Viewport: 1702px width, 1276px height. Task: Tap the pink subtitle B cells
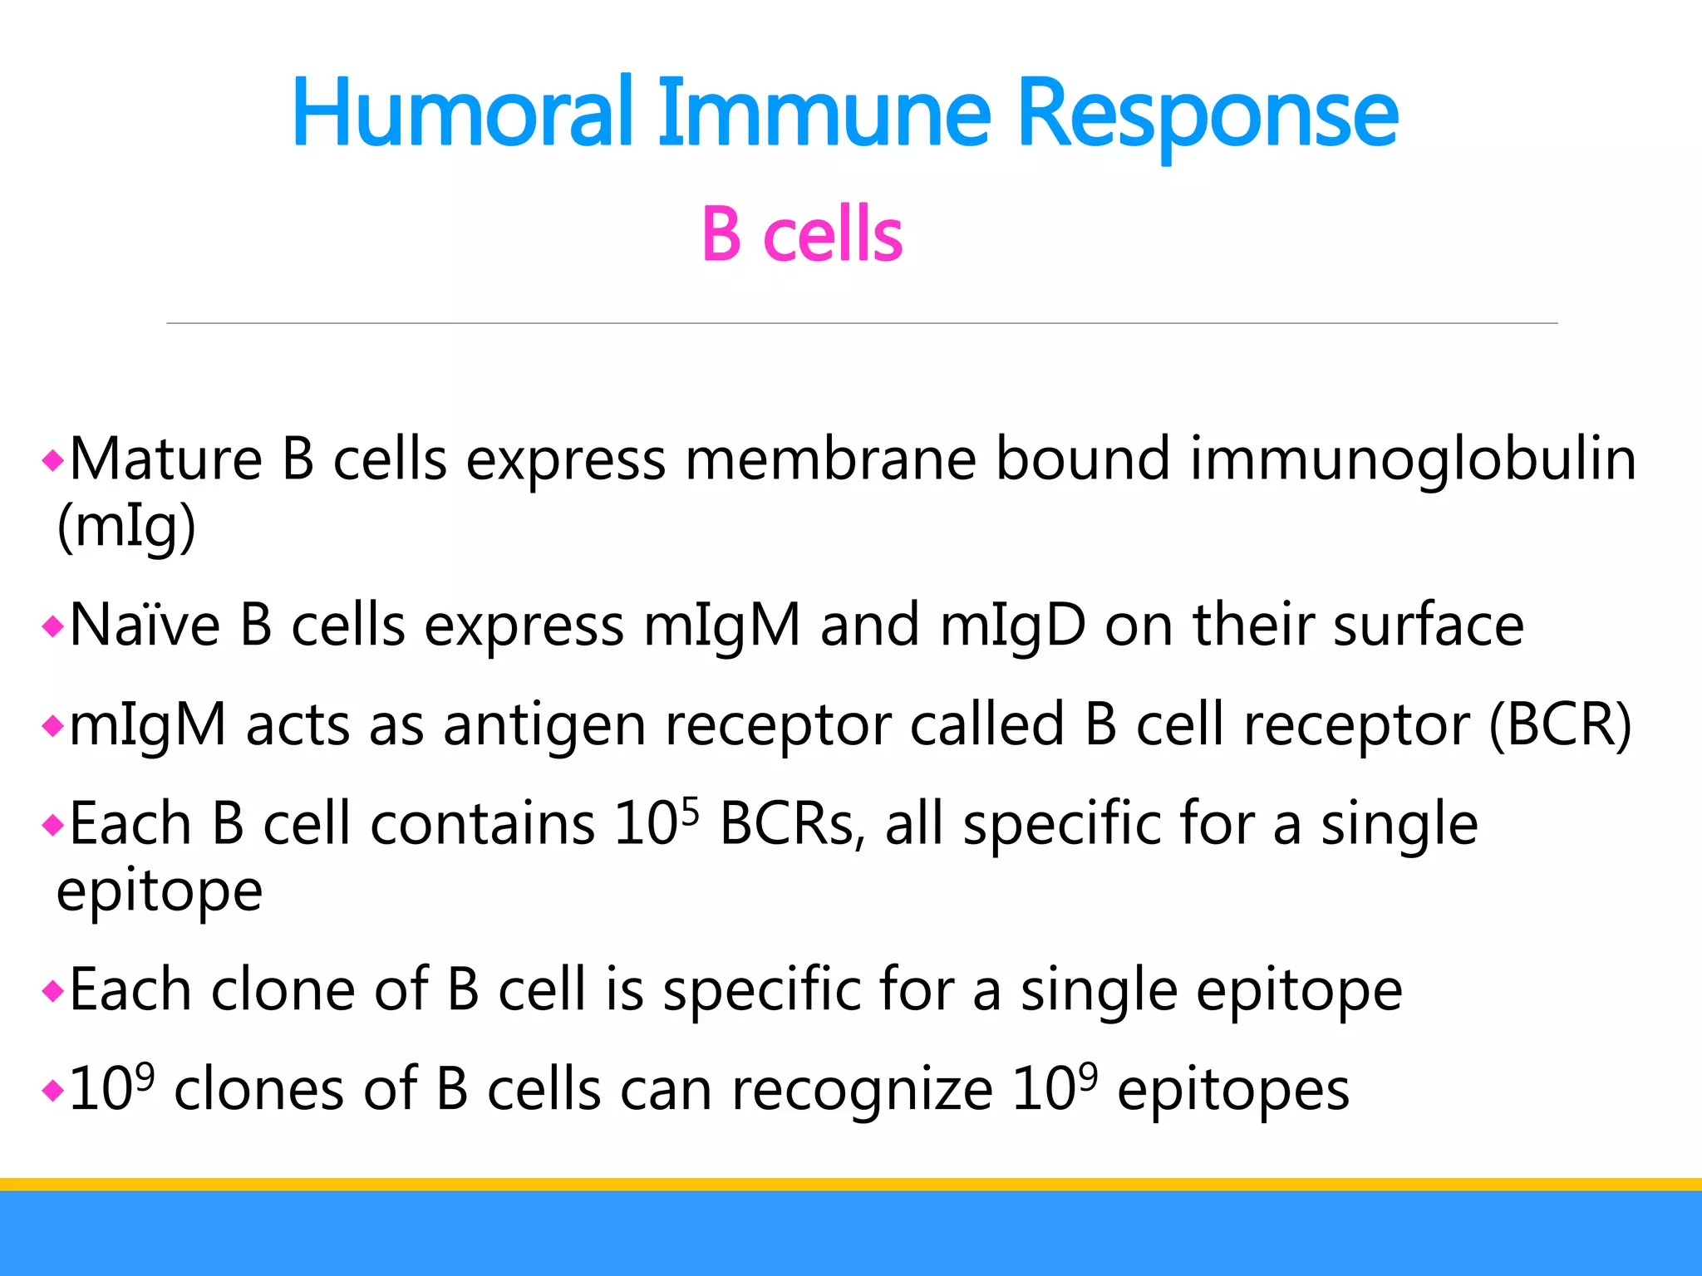click(x=801, y=235)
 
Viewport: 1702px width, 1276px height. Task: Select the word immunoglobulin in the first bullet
click(x=1413, y=459)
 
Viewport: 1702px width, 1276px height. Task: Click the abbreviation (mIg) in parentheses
click(x=126, y=528)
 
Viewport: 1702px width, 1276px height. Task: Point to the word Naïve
click(x=145, y=625)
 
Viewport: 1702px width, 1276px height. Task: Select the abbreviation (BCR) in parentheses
click(x=1560, y=724)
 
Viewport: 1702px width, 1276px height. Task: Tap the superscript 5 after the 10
click(x=689, y=809)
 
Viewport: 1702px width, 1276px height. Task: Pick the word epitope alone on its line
click(x=160, y=892)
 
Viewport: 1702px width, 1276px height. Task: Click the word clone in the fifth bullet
click(x=283, y=989)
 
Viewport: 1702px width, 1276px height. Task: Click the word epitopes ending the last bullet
click(x=1233, y=1091)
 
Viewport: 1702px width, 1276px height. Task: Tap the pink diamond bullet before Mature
click(x=52, y=460)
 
